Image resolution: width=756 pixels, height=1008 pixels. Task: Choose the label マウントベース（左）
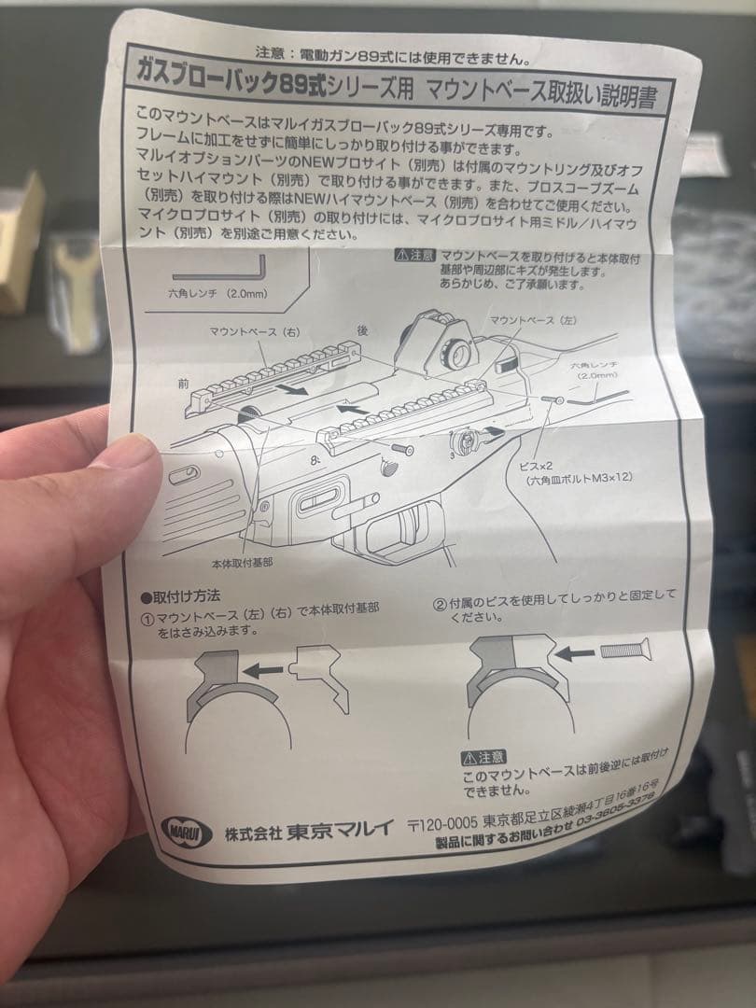[533, 321]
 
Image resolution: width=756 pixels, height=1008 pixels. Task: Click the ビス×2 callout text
[539, 463]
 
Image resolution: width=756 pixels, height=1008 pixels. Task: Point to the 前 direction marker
[183, 382]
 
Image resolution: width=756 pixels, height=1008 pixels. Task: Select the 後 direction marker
[362, 329]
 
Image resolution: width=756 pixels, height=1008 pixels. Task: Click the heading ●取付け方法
[180, 596]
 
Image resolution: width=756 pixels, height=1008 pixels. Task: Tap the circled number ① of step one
[147, 616]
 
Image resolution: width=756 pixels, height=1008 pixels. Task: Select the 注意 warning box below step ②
[484, 756]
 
